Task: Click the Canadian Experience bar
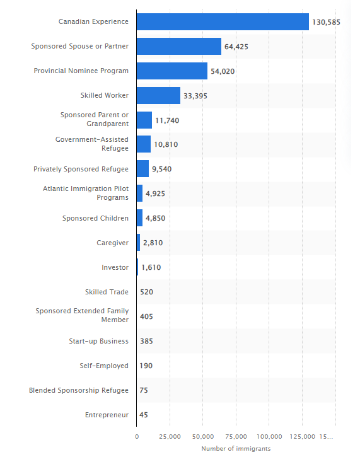(223, 22)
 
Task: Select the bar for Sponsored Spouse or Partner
(179, 47)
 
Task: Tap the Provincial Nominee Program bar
(172, 71)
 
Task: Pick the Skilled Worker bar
(159, 95)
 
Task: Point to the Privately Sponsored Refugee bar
(143, 168)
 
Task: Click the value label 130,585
(326, 22)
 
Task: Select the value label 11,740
(167, 120)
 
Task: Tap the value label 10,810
(166, 144)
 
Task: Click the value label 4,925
(155, 194)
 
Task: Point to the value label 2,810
(153, 243)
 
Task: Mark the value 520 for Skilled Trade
(146, 292)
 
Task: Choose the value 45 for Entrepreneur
(144, 415)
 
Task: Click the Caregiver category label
(112, 243)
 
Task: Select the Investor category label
(115, 267)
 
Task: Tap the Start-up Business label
(98, 341)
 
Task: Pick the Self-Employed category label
(104, 366)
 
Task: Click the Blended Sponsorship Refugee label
(79, 390)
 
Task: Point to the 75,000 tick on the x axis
(236, 437)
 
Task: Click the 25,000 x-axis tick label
(170, 437)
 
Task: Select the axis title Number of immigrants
(236, 449)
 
